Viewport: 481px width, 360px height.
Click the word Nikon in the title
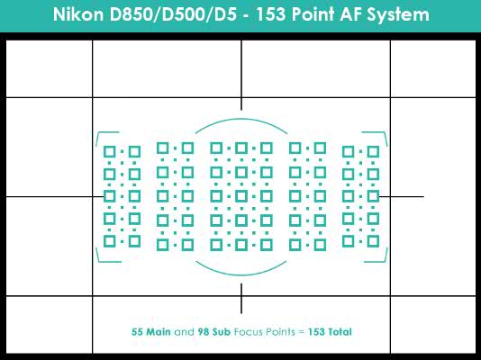tap(78, 14)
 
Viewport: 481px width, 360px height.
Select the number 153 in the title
tap(271, 14)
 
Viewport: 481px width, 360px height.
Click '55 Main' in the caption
tap(151, 332)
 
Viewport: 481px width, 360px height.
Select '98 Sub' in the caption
tap(213, 332)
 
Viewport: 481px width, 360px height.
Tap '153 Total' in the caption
tap(330, 332)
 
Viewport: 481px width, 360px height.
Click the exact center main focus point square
tap(241, 196)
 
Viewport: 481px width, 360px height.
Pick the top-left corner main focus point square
tap(110, 152)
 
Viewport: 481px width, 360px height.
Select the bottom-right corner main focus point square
tap(373, 241)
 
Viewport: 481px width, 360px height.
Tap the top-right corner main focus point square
tap(373, 152)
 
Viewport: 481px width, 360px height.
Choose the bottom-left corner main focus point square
tap(110, 241)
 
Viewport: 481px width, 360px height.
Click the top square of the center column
tap(241, 148)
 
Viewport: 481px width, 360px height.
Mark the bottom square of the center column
tap(241, 245)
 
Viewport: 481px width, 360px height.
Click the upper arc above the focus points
tap(241, 119)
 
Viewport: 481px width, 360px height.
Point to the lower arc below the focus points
tap(241, 274)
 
